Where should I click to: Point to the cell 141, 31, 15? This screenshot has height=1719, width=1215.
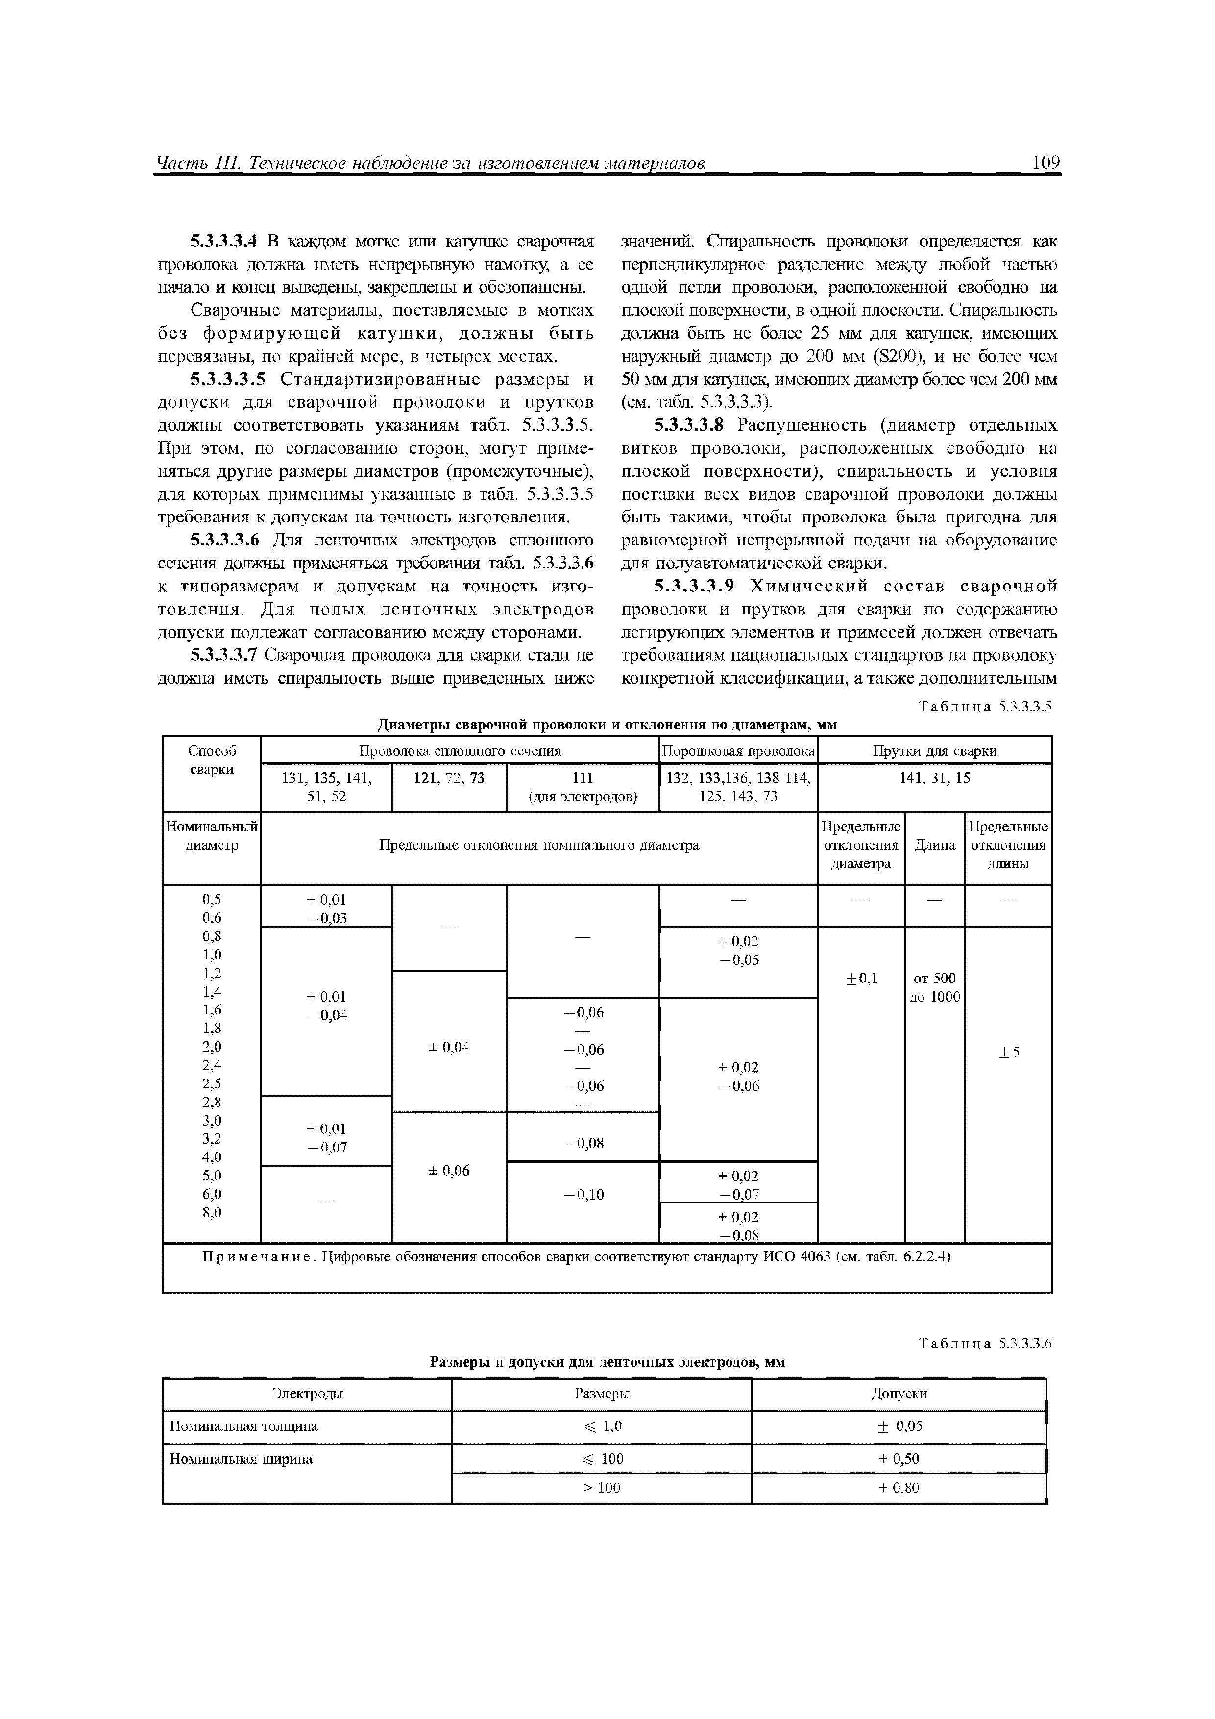point(934,778)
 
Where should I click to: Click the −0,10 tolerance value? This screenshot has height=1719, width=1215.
point(583,1195)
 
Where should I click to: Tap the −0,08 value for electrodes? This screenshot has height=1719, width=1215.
point(583,1143)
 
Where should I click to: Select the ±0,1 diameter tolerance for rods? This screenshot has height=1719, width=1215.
point(861,979)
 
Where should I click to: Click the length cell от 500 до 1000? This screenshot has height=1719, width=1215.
point(934,987)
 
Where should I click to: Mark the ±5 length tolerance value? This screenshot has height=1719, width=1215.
point(1008,1053)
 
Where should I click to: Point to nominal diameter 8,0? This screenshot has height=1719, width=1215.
point(212,1212)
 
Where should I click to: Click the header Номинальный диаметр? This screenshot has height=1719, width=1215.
point(212,835)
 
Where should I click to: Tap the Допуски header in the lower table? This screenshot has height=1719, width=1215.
point(899,1393)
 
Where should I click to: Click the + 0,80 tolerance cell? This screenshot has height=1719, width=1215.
point(899,1488)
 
